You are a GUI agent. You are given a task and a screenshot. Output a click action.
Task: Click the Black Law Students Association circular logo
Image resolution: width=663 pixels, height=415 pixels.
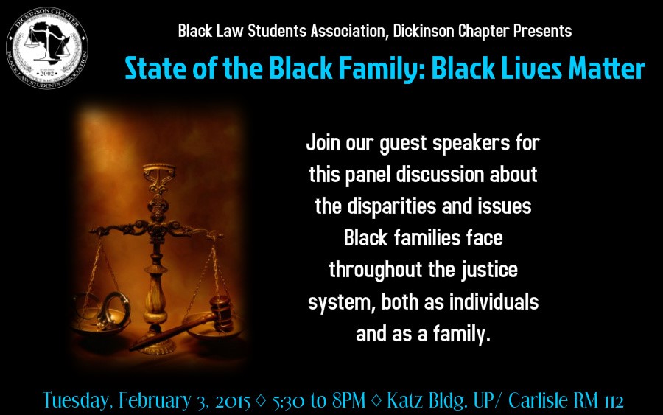point(47,48)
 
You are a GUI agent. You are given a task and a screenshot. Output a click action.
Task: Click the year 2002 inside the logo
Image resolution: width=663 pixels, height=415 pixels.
point(47,73)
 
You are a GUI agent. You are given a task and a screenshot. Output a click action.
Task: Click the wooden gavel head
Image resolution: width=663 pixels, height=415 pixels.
point(221,313)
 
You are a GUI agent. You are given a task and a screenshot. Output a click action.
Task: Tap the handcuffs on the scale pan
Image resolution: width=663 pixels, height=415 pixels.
point(101,311)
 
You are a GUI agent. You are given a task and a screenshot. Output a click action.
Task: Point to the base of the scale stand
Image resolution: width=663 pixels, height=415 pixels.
point(158,345)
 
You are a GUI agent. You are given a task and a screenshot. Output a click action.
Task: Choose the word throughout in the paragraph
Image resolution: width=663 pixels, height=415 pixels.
point(376,271)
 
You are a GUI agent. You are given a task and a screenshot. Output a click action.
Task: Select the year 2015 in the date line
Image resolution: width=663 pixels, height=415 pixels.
point(233,401)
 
